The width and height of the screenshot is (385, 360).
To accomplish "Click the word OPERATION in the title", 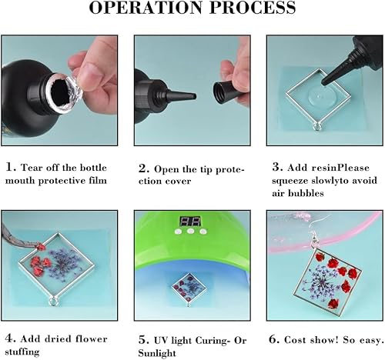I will (x=146, y=10).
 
